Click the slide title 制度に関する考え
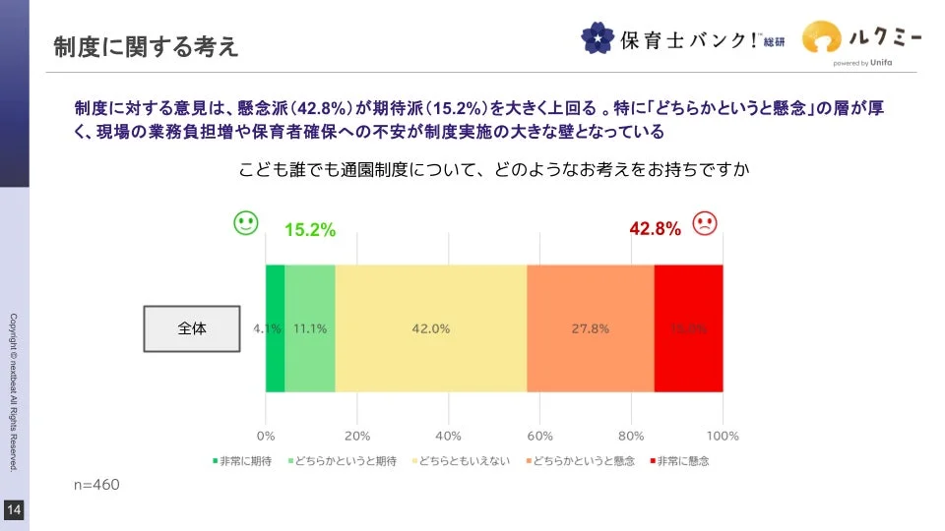point(146,46)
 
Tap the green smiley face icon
point(246,223)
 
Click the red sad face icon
point(705,223)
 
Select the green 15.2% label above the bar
point(310,230)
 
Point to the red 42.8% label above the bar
point(656,229)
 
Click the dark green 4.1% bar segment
point(275,328)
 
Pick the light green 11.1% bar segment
point(310,328)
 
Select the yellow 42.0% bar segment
point(431,328)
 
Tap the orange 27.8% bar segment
point(591,328)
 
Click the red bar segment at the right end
point(689,328)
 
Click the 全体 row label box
point(192,329)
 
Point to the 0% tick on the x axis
point(266,436)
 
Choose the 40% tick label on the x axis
point(449,436)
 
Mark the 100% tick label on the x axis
point(723,436)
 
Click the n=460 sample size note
point(97,485)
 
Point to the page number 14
point(14,509)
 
